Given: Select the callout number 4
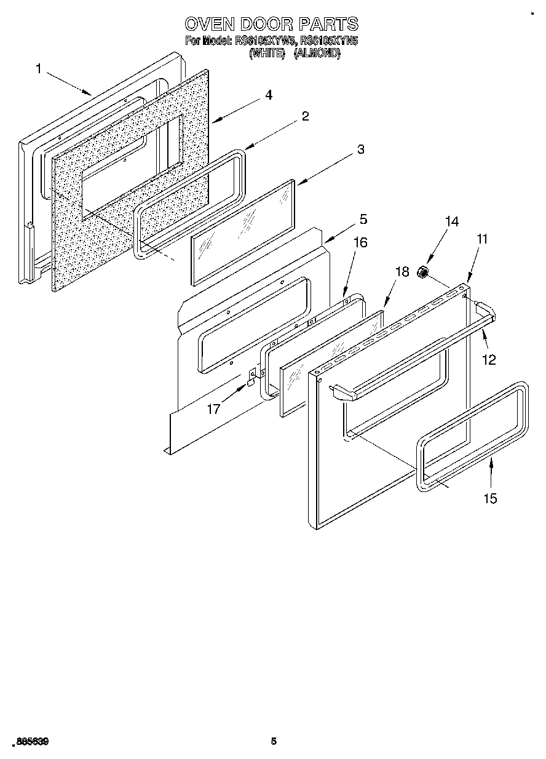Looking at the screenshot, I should [269, 95].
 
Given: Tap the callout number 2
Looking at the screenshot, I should [305, 116].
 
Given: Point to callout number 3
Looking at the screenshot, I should [361, 149].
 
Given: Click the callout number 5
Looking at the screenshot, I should [363, 218].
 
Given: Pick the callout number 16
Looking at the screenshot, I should [360, 242].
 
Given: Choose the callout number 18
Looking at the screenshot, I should [402, 272].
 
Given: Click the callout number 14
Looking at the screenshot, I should [452, 222].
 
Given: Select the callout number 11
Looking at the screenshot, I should [482, 239].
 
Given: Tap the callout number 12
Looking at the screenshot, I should [489, 360].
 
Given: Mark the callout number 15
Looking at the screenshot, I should [490, 498].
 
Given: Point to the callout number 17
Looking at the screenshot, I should [213, 408].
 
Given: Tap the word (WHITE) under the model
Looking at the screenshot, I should [267, 54].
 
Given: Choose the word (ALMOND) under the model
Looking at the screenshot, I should [317, 54].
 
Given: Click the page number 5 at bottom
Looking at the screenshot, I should [274, 741].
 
